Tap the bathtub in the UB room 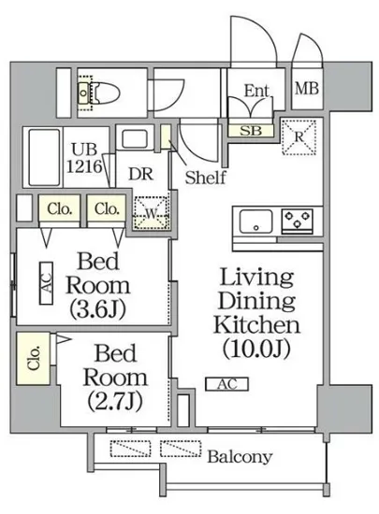pos(45,158)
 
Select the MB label pos(307,89)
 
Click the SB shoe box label pos(251,131)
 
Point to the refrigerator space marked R pos(299,137)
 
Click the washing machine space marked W pos(152,213)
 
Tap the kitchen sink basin pos(256,221)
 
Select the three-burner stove pos(298,221)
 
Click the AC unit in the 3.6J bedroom pos(46,283)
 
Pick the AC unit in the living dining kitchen pos(227,384)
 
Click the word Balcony pos(240,456)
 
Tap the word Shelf pos(206,178)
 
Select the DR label pos(141,174)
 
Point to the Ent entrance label pos(256,91)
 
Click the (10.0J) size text pos(256,349)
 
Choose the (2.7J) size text pos(115,401)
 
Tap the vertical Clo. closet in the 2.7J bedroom pos(33,358)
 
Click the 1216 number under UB pos(84,166)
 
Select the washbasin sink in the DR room pos(135,139)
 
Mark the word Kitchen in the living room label pos(256,324)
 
